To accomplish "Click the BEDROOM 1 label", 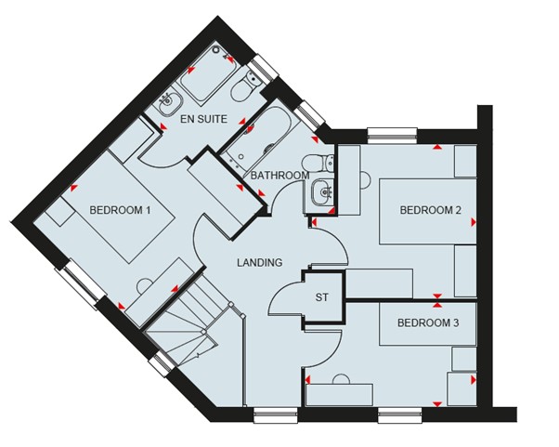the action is pos(120,210).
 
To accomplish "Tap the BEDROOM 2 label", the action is pos(430,210).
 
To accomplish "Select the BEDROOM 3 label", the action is pos(428,323).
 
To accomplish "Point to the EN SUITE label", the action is pos(203,119).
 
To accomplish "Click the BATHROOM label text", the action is pos(279,176).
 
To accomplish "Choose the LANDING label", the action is pos(260,263).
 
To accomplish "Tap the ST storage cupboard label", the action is pos(321,297).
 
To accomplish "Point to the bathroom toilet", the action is pos(318,163).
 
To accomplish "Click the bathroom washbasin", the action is pos(322,192).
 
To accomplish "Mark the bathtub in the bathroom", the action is pos(255,137).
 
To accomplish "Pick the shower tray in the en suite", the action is pos(208,74).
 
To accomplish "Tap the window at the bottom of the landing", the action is pos(276,415).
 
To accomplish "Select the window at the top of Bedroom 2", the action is pos(392,136).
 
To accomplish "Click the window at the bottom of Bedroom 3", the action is pos(401,415).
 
